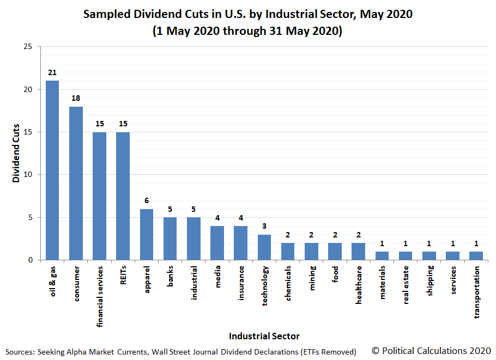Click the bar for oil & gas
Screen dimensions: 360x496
click(x=52, y=170)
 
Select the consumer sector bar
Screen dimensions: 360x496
click(x=76, y=184)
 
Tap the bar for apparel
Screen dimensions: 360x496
click(x=147, y=235)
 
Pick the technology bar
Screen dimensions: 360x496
click(x=264, y=247)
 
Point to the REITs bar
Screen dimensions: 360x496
click(x=123, y=196)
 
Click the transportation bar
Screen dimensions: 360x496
click(x=476, y=256)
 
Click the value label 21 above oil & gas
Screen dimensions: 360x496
click(x=52, y=72)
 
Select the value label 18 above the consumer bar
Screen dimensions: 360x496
click(x=76, y=98)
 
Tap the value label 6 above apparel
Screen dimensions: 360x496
click(x=147, y=200)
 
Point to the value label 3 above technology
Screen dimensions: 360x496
click(x=264, y=226)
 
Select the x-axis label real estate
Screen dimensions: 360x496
click(x=406, y=285)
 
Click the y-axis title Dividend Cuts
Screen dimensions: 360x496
click(x=16, y=154)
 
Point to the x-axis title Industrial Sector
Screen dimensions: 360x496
click(x=264, y=336)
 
